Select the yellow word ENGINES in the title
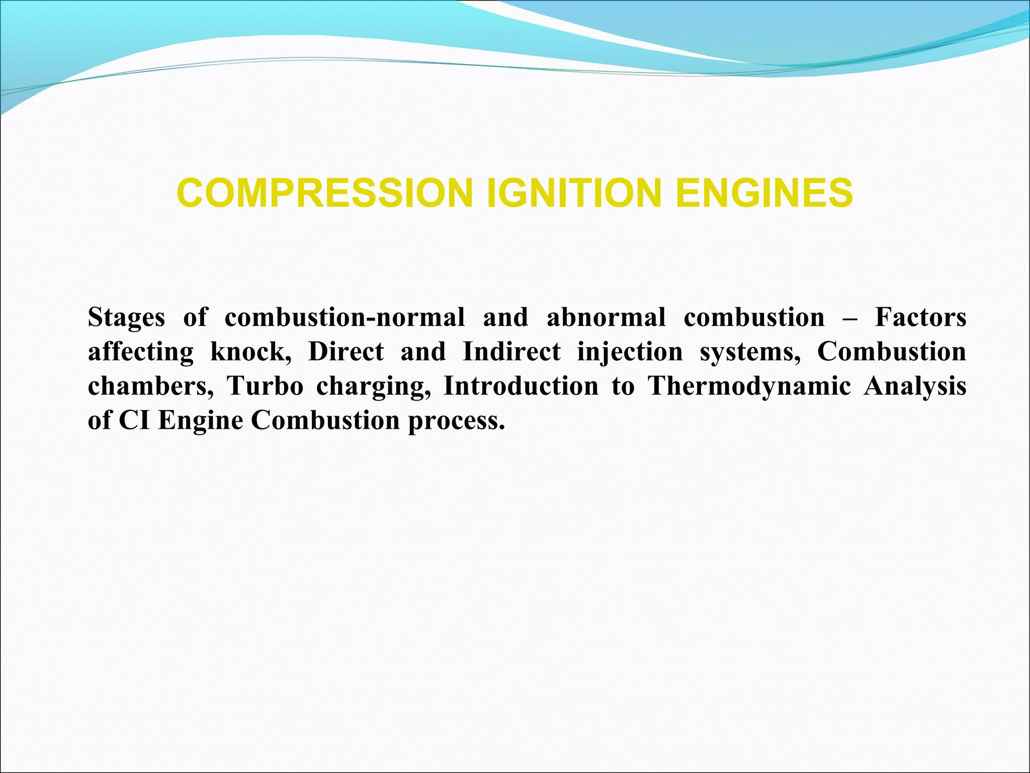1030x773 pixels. (x=764, y=193)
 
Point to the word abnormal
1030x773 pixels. (x=606, y=318)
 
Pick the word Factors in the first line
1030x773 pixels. (x=920, y=318)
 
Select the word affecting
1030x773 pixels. (x=140, y=353)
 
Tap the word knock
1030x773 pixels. (x=250, y=352)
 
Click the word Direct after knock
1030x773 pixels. (x=346, y=352)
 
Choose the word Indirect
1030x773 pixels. (x=511, y=352)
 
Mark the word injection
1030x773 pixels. (x=630, y=353)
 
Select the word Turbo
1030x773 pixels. (x=265, y=386)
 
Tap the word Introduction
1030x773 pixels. (x=521, y=386)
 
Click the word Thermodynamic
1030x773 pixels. (x=749, y=387)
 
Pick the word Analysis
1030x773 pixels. (x=915, y=387)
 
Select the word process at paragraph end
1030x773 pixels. (x=456, y=421)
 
